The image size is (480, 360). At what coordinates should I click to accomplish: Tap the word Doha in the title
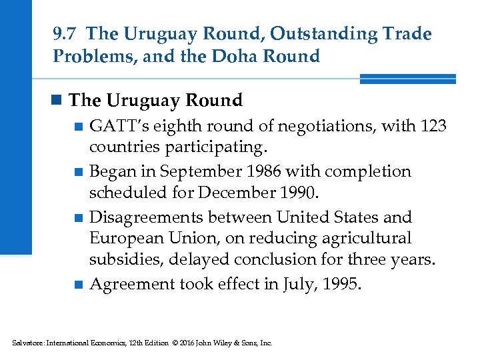(247, 56)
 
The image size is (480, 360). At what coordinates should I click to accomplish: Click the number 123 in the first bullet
(434, 125)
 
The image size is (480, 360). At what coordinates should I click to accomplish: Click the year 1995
(343, 284)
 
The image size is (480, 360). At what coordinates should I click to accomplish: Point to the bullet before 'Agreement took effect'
(79, 285)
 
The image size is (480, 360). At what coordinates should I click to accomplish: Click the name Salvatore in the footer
(27, 343)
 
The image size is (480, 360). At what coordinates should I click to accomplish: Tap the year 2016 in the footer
(183, 343)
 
